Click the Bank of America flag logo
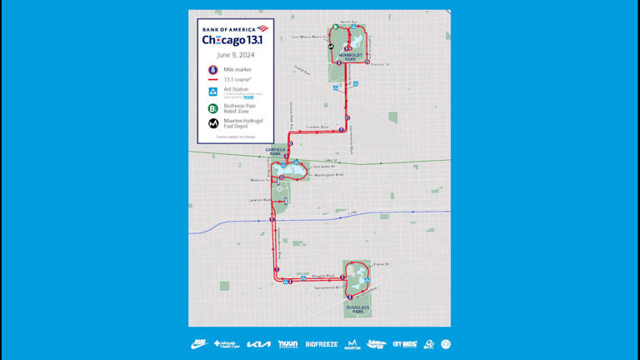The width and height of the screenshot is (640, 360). (x=262, y=29)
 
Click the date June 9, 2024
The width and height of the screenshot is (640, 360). (x=236, y=55)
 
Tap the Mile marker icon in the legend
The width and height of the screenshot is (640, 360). (x=213, y=70)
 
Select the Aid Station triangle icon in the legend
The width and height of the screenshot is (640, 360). (x=213, y=90)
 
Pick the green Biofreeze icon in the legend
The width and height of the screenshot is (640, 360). (x=213, y=108)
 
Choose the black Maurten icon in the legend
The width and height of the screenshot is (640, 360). (x=213, y=123)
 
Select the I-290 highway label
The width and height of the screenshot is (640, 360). (x=351, y=213)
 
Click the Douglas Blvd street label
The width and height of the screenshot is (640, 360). (x=322, y=275)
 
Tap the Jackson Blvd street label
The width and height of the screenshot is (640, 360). (x=260, y=200)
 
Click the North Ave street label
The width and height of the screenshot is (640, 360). (x=349, y=22)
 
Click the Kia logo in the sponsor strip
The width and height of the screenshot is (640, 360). (x=258, y=344)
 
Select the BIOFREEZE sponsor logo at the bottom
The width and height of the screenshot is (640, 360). (x=322, y=344)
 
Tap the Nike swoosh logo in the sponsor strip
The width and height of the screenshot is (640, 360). (x=199, y=344)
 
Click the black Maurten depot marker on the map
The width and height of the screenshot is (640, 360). (x=331, y=47)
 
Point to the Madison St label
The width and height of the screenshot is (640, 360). (x=261, y=180)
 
